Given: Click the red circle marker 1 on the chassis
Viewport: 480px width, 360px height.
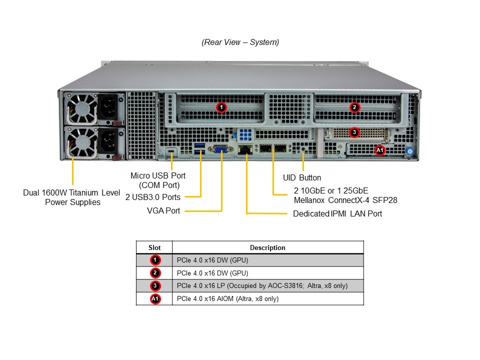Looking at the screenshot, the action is pos(221,107).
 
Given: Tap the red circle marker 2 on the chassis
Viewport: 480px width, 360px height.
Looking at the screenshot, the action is pos(354,107).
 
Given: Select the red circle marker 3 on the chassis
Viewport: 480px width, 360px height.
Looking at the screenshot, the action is pos(354,132).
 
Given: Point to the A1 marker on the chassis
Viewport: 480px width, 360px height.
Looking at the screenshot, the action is pos(380,150).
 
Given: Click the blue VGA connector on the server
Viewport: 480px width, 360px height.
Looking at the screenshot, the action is pos(220,149).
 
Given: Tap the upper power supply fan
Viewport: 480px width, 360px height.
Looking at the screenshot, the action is pos(81,108).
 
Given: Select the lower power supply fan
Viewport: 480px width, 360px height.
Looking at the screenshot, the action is pos(81,143).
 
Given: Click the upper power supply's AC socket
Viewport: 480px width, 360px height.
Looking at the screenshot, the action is pos(108,107).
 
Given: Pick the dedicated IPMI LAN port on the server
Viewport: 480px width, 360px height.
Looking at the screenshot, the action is pos(245,149).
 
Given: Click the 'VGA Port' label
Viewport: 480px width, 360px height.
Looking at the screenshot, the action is pos(163,210).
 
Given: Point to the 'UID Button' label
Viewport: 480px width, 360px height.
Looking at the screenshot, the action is pos(302,178).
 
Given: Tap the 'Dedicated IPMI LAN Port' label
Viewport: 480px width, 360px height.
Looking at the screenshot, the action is pos(337,213).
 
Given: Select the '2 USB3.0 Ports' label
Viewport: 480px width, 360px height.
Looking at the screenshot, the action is pos(153,197).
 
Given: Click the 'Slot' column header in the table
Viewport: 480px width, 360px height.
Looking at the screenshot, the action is pos(154,247).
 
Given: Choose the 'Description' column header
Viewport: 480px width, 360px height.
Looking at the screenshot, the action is pos(267,247).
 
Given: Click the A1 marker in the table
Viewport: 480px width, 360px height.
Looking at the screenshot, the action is pos(155,299).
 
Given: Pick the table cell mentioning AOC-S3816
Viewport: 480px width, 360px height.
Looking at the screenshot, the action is pos(268,286).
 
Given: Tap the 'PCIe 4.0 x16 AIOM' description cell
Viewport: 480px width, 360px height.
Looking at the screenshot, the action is pos(268,299).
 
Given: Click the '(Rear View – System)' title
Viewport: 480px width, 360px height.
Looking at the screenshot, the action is pos(240,42).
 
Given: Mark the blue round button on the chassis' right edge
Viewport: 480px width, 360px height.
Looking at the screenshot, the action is pos(410,151).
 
